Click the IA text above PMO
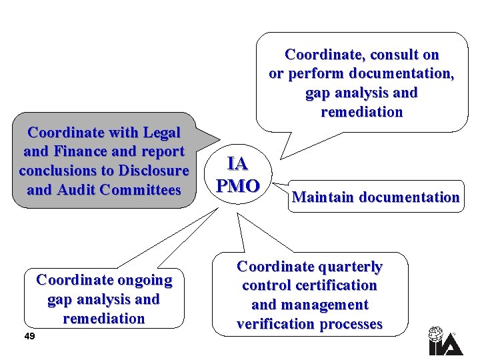(237, 163)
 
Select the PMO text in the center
(238, 185)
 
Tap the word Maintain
(323, 197)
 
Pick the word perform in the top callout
(311, 73)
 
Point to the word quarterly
(349, 267)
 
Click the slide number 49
(29, 336)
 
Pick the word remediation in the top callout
(362, 112)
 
